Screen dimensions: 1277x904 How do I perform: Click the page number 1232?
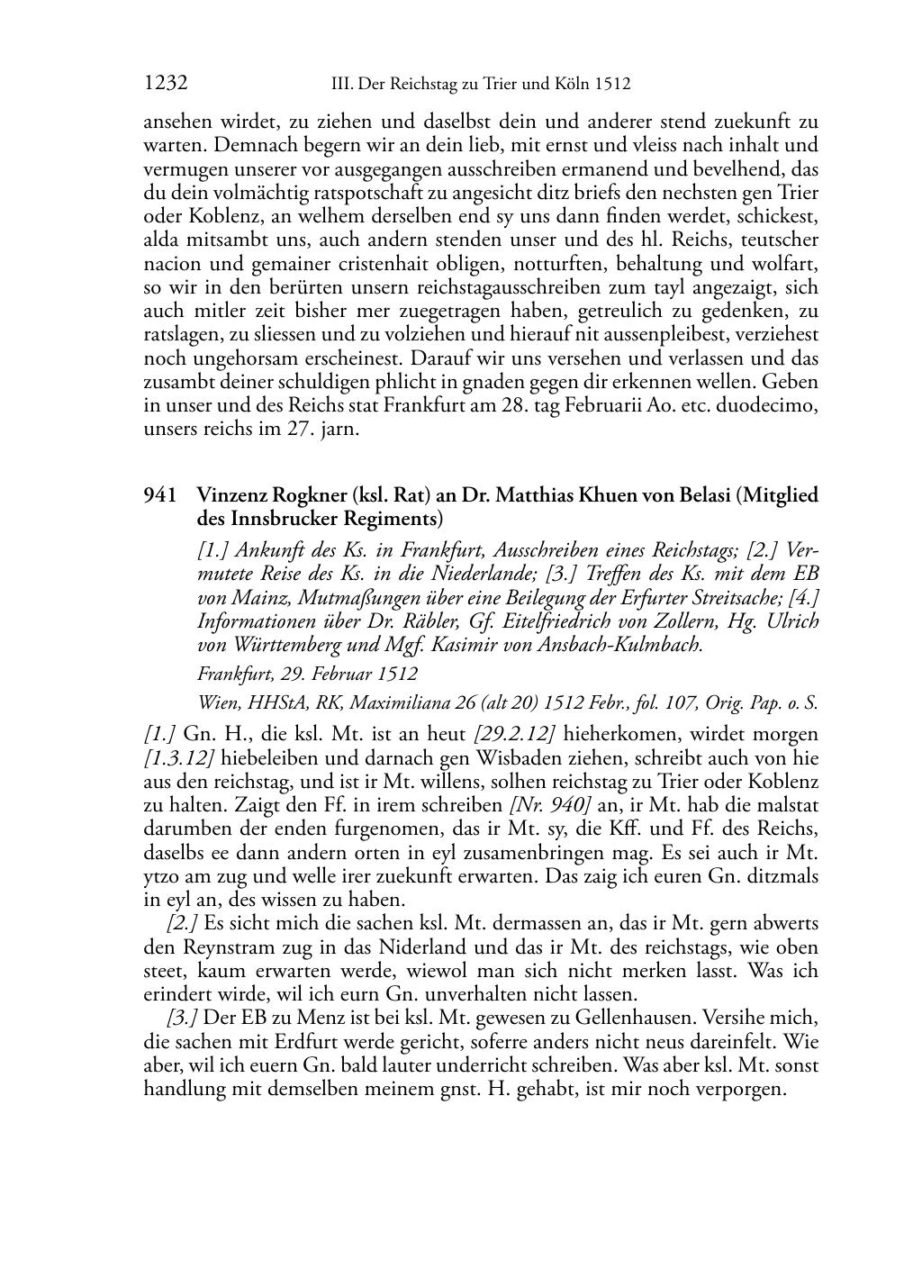coord(166,84)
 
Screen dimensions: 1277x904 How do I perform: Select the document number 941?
coord(159,495)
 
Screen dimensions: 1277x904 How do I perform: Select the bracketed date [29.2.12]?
coord(513,735)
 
